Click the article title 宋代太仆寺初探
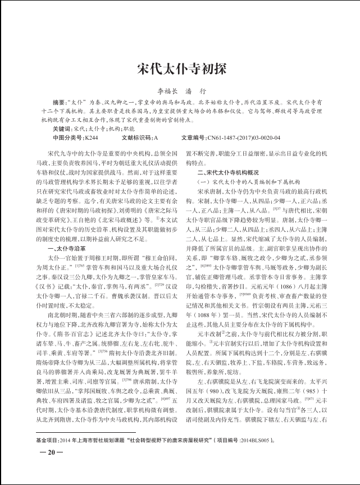pyautogui.click(x=180, y=68)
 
